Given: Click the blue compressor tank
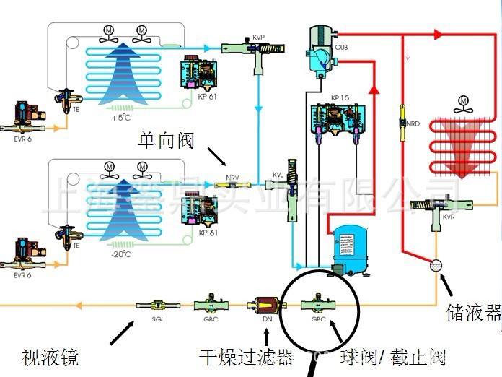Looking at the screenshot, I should click(350, 248).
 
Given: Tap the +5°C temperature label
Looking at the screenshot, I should click(120, 117).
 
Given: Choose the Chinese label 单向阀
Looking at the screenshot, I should click(167, 140).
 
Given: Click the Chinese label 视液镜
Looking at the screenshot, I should click(50, 356).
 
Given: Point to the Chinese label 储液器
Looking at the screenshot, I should click(472, 313).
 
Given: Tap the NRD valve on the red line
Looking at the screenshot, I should click(401, 123).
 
